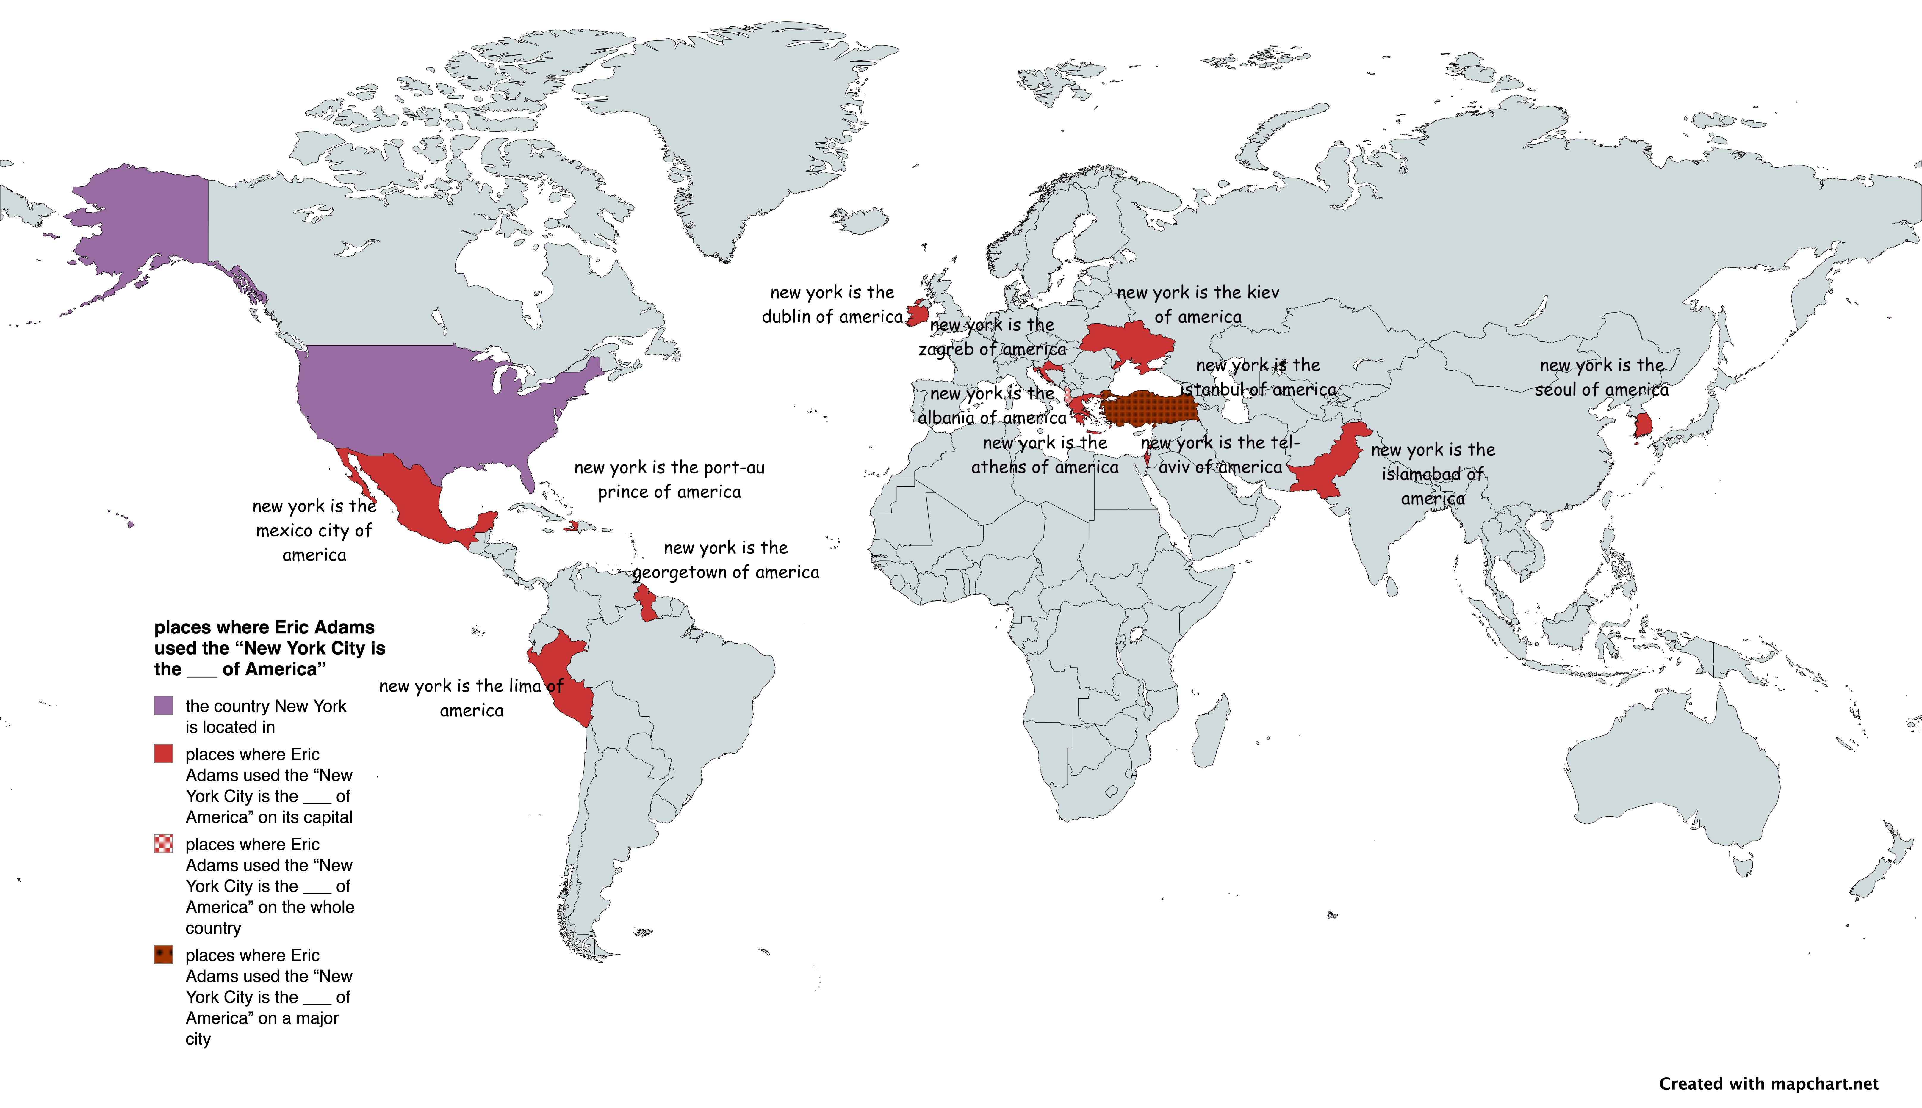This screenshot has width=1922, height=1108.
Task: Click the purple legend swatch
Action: click(163, 705)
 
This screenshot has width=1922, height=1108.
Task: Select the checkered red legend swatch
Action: click(163, 843)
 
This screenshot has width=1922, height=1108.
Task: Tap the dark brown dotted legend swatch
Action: click(163, 954)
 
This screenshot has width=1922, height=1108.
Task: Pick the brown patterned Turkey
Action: click(1149, 409)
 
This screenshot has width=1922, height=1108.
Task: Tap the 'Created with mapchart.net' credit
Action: click(1768, 1084)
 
